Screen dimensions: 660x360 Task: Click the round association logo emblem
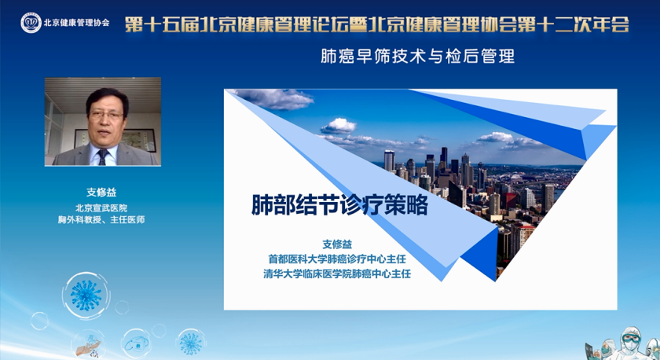[31, 23]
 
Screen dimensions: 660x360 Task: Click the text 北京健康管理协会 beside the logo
[77, 23]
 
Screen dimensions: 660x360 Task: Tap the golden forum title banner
[377, 24]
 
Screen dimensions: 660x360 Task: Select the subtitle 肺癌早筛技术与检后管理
[417, 57]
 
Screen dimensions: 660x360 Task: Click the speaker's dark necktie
[103, 156]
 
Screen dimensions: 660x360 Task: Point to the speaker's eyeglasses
[107, 115]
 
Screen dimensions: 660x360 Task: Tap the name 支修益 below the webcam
[101, 192]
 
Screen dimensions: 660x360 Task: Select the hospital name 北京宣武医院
[101, 208]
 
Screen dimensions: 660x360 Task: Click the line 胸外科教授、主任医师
[101, 220]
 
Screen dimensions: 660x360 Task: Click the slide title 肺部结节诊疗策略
[339, 205]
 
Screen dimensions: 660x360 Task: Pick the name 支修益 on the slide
[337, 244]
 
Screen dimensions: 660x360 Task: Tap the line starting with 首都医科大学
[337, 259]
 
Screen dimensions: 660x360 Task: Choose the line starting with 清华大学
[337, 274]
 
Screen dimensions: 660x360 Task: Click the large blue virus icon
[86, 296]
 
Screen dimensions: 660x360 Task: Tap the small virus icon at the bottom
[191, 343]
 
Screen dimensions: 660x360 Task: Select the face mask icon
[136, 343]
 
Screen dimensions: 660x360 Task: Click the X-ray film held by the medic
[592, 351]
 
